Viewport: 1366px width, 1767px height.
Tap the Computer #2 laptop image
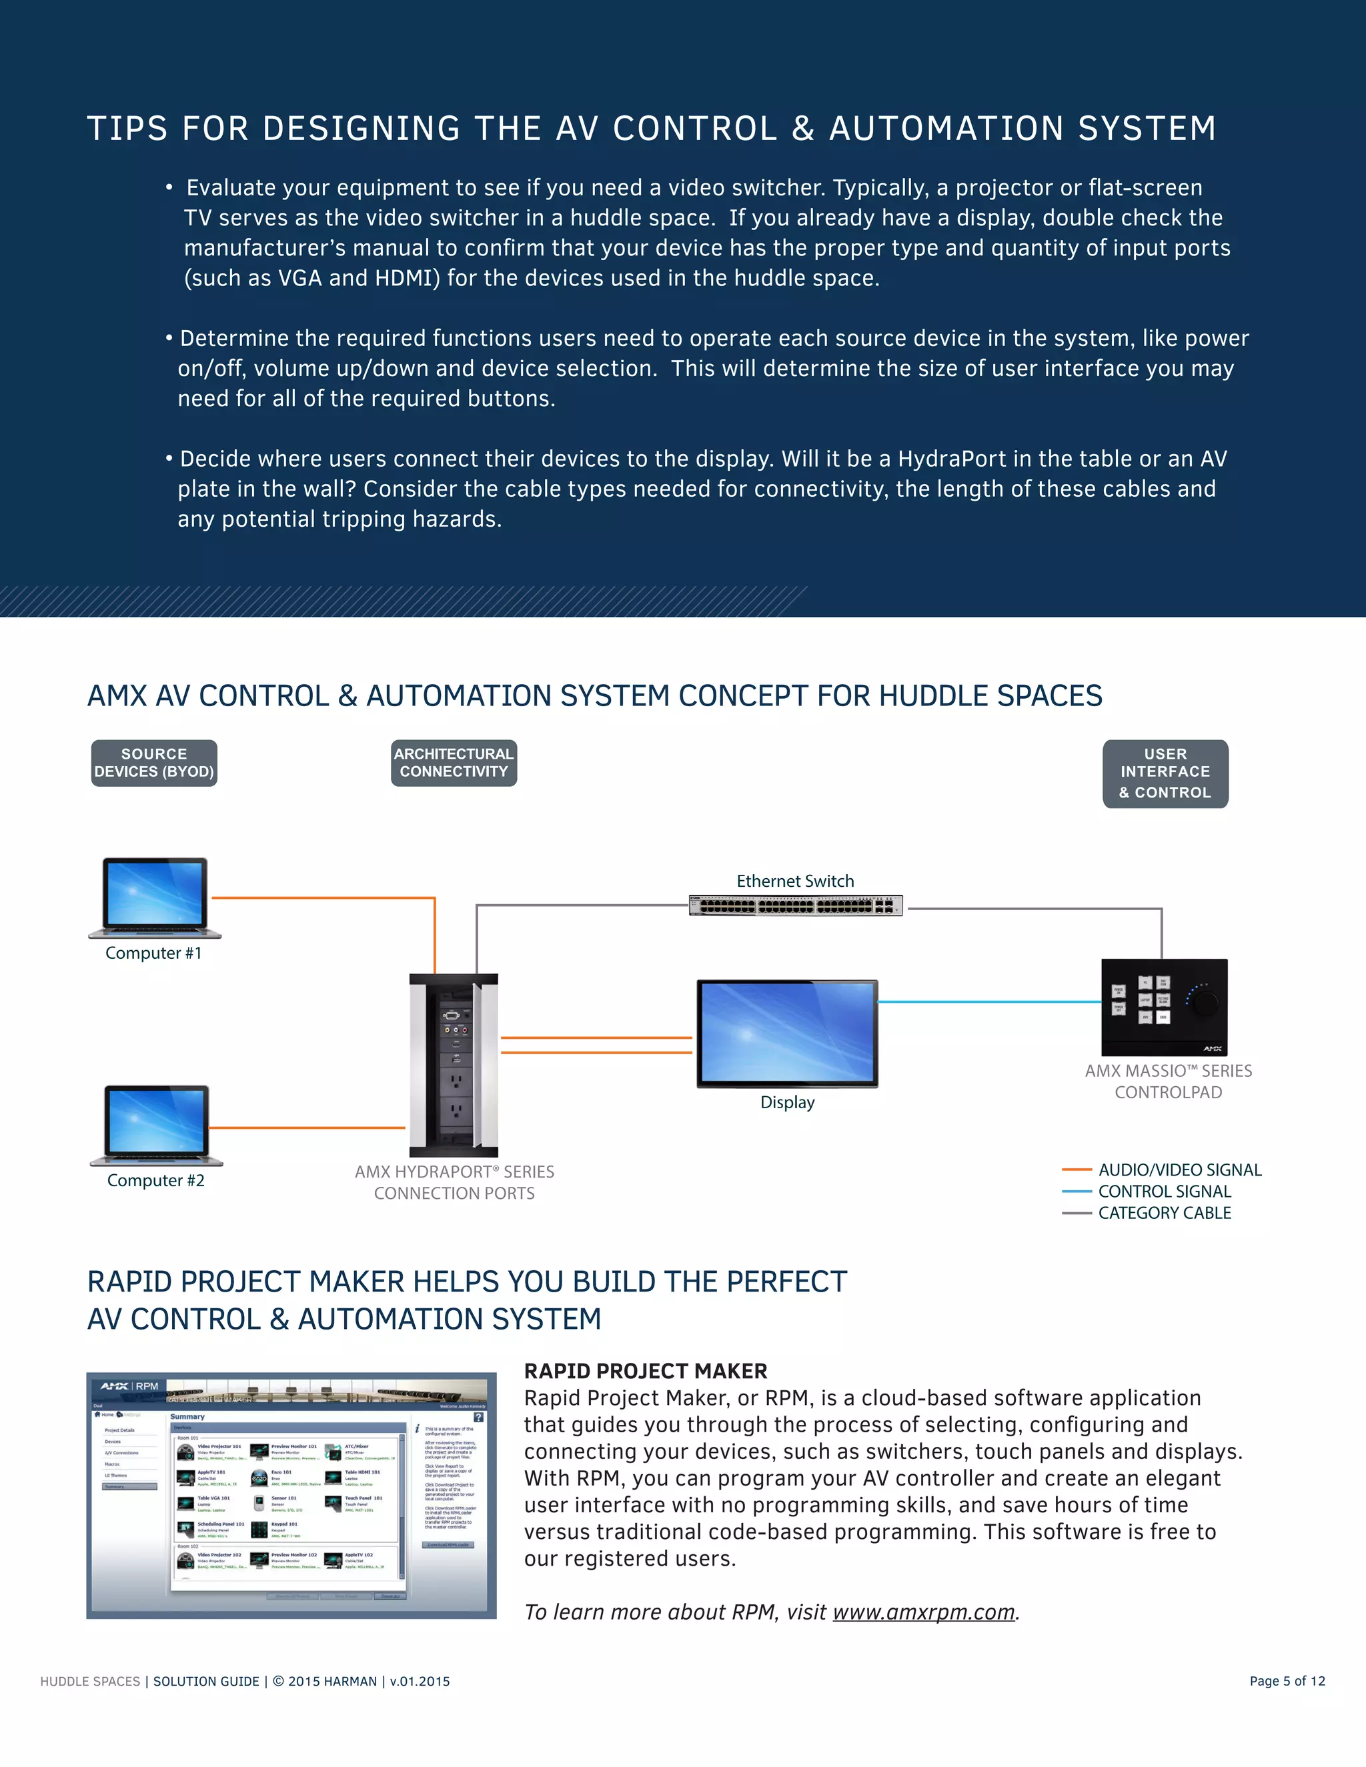click(x=156, y=1125)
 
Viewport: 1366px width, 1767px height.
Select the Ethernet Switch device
click(x=796, y=906)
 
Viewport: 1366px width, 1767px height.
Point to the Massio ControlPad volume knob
click(x=1204, y=1002)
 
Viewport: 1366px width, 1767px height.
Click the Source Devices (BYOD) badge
click(x=154, y=763)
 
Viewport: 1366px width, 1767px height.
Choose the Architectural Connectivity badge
click(x=454, y=763)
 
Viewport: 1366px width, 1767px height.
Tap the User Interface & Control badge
click(x=1165, y=773)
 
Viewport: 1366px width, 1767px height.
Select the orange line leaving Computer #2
click(x=307, y=1127)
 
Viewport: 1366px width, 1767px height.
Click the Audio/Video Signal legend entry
click(x=1179, y=1170)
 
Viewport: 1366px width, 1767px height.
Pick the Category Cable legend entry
click(x=1164, y=1213)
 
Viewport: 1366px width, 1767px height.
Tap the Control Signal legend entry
click(x=1164, y=1191)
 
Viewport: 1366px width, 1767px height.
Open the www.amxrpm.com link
click(x=923, y=1612)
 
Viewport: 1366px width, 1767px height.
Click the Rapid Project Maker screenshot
click(x=291, y=1495)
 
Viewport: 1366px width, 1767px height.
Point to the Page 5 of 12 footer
click(x=1287, y=1681)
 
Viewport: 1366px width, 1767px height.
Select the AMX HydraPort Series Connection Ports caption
click(x=454, y=1182)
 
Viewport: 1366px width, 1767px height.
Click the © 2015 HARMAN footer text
click(x=325, y=1681)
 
